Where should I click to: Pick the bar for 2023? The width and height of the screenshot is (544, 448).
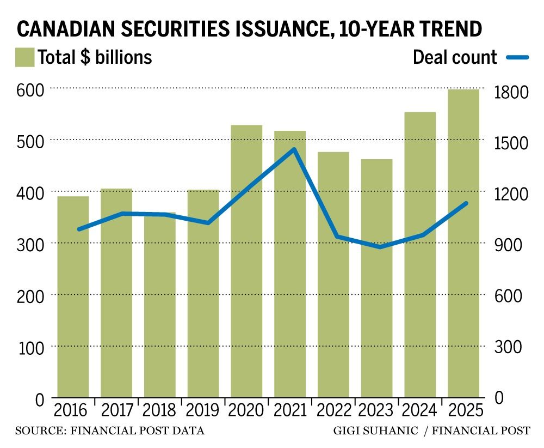[x=376, y=278]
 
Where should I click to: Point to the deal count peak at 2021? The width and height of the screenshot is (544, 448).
[x=294, y=149]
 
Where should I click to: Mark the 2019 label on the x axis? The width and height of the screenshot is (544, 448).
[x=203, y=410]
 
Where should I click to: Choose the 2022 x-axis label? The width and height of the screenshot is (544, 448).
[x=333, y=410]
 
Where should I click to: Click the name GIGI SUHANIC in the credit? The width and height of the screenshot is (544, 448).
[x=375, y=431]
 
